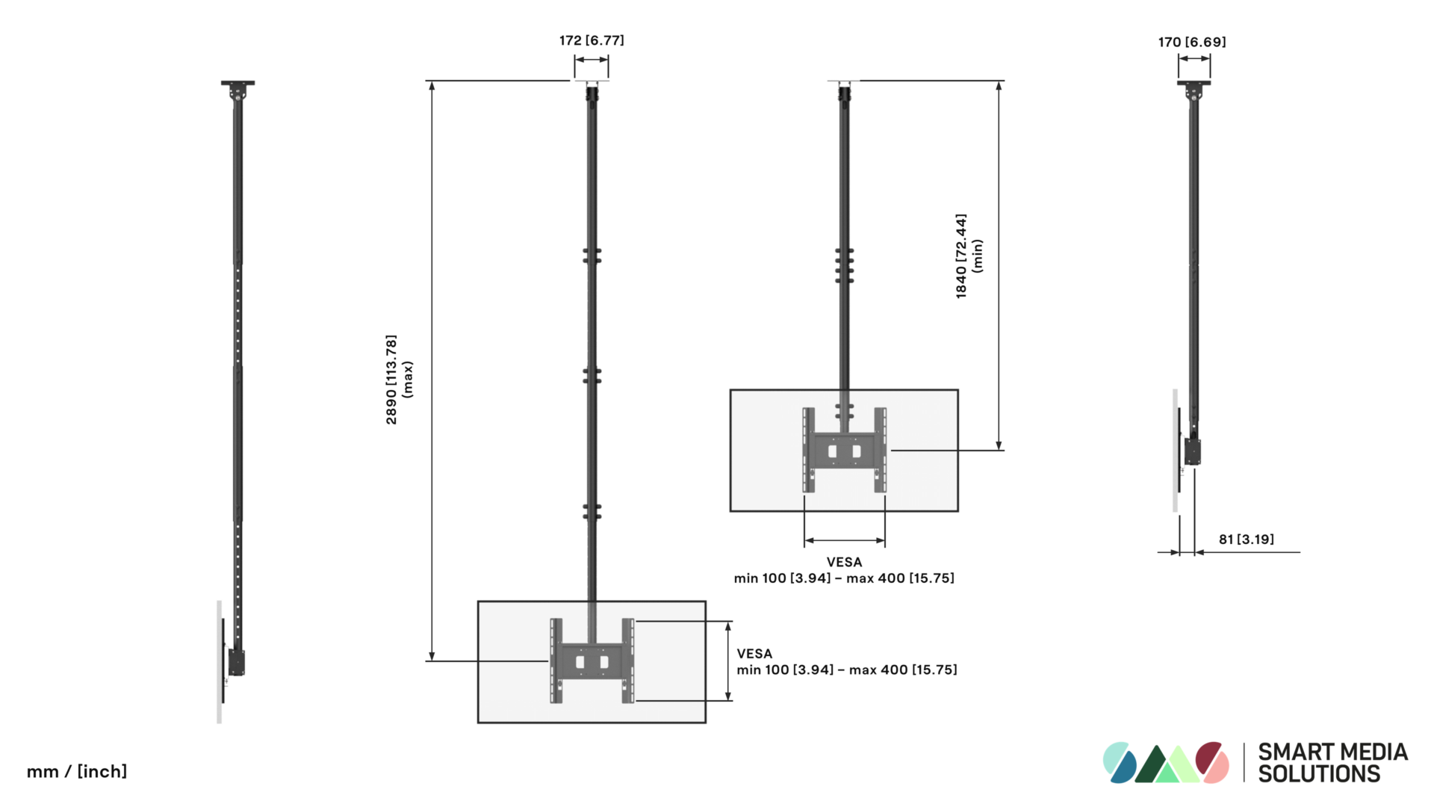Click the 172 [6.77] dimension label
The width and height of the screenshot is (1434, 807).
coord(592,40)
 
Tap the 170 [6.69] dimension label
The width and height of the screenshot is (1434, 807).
coord(1192,42)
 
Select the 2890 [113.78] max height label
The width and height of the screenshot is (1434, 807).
coord(391,380)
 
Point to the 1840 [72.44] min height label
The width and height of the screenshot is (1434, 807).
coord(961,256)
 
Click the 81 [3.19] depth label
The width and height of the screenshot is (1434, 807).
coord(1246,539)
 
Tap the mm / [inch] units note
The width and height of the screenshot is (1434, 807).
coord(77,771)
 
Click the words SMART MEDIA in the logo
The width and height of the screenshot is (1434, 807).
coord(1332,752)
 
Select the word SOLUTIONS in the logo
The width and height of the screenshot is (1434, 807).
coord(1319,774)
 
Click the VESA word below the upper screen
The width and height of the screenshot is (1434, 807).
coord(844,562)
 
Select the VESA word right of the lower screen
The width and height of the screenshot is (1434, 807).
coord(754,654)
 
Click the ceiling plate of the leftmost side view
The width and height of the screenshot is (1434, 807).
coord(238,83)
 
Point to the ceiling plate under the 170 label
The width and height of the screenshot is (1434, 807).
coord(1194,83)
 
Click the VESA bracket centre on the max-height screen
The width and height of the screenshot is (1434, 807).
coord(592,661)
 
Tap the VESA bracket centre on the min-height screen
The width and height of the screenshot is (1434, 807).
coord(845,451)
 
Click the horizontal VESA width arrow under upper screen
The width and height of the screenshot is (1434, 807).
coord(845,540)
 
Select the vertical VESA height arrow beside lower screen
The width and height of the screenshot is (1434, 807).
coord(728,661)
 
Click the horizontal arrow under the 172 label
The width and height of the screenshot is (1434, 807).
coord(592,60)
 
